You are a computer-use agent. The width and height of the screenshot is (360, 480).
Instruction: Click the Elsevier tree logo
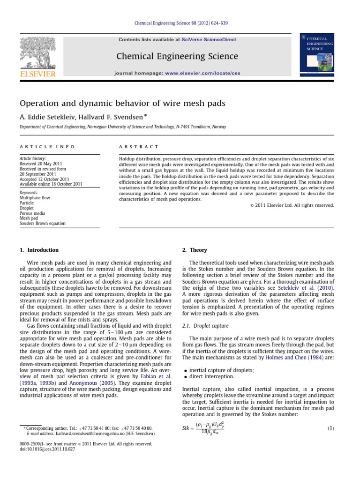coord(37,55)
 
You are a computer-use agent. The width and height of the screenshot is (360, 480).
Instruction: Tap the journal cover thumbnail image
coord(325,53)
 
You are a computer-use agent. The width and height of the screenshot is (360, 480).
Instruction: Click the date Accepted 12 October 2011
coord(47,179)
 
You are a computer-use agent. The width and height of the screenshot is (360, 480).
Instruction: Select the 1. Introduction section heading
coord(39,250)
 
